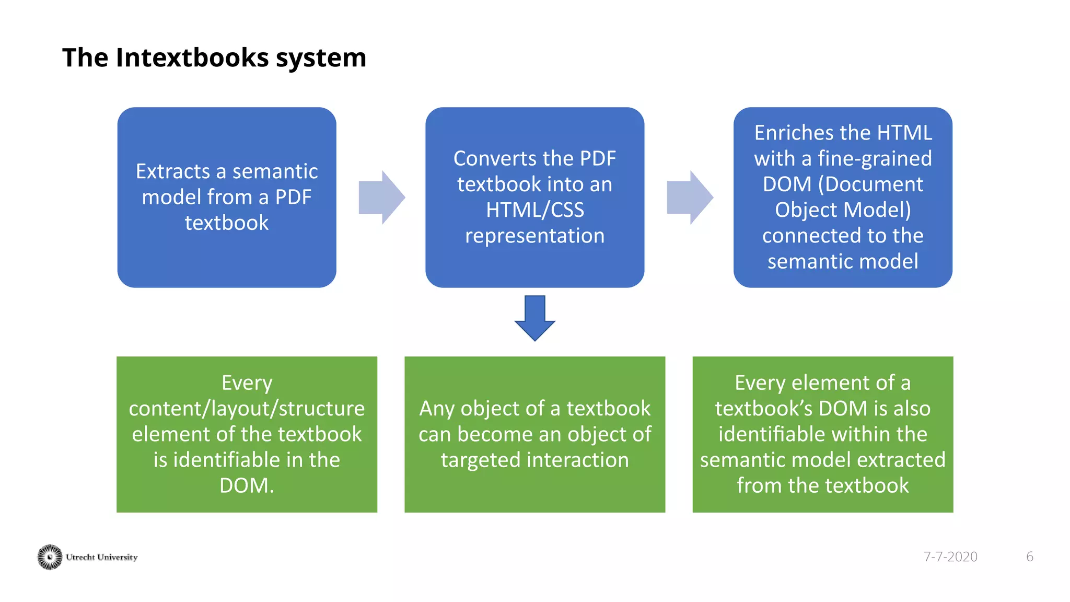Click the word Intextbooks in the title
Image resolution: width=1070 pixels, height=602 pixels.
pos(192,57)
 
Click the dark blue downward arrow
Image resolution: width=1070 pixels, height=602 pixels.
pos(534,319)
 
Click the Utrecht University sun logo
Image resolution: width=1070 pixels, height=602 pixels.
pos(50,557)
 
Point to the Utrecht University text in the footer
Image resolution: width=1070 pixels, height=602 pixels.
pos(102,557)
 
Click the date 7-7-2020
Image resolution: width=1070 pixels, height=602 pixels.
pos(950,557)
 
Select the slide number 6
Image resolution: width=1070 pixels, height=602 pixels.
pos(1029,557)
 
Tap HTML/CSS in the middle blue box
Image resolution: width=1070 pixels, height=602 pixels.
pos(534,210)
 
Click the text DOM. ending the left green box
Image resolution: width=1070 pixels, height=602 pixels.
pos(247,486)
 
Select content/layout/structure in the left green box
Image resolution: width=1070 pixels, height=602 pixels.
pos(247,409)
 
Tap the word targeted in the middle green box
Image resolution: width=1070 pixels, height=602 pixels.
pos(481,460)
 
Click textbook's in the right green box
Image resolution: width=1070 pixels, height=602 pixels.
pos(763,409)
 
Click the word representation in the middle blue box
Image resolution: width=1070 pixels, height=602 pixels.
pos(534,236)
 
